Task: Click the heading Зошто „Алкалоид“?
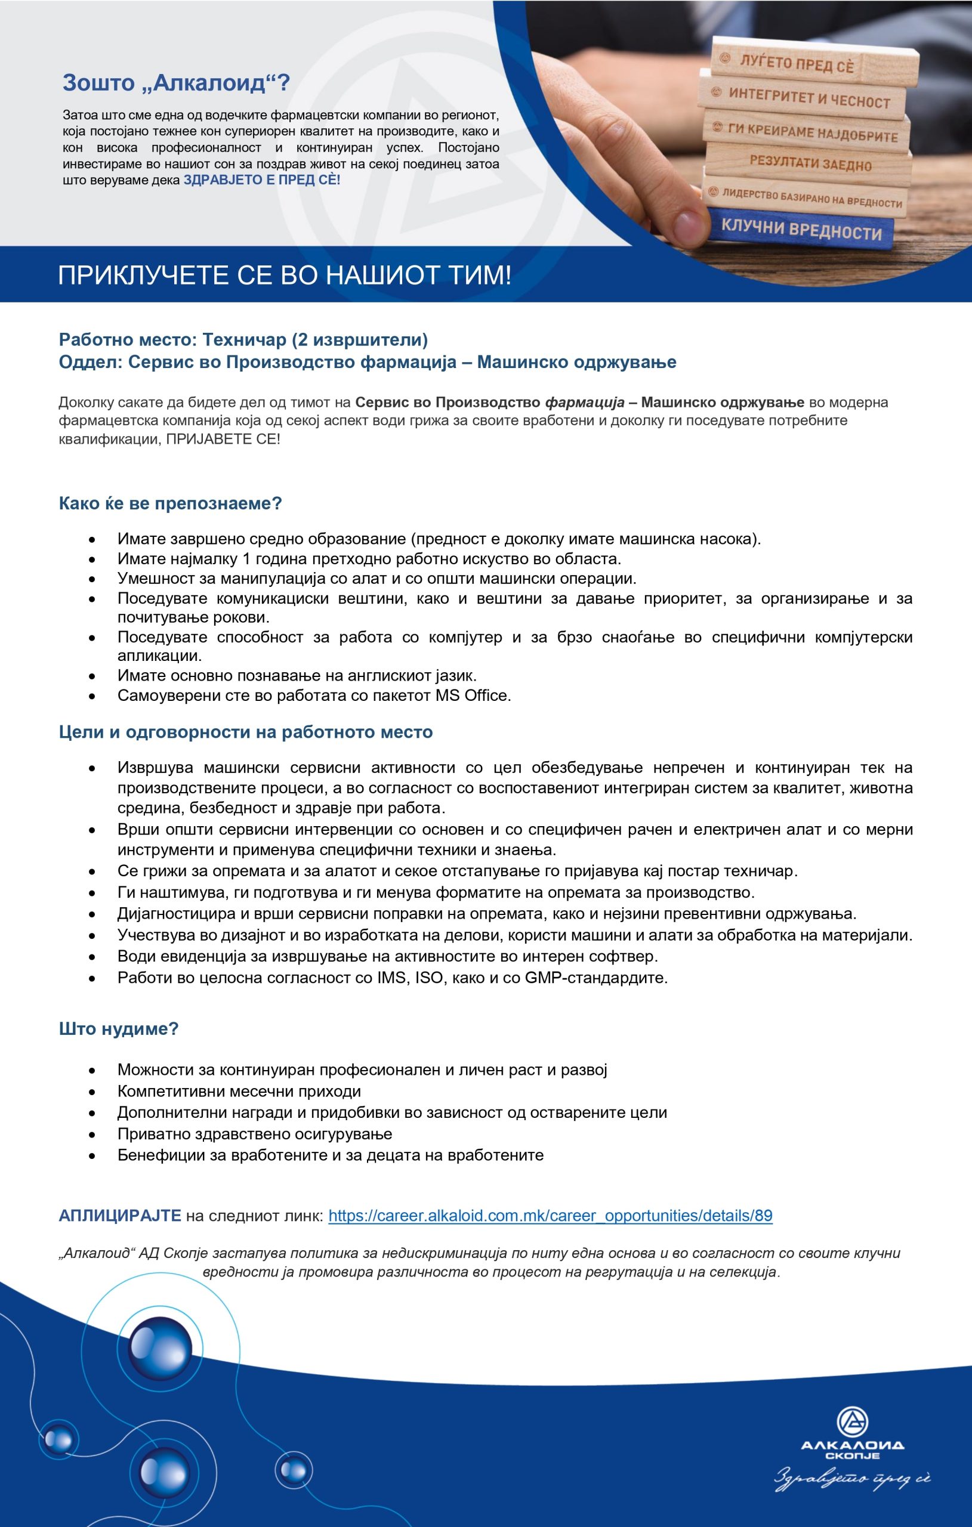pos(176,83)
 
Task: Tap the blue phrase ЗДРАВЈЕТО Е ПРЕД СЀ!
pos(261,180)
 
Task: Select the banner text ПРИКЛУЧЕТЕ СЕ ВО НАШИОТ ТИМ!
pos(284,276)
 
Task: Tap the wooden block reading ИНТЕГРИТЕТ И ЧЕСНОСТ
pos(809,98)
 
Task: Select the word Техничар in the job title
pos(244,340)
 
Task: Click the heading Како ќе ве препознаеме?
pos(170,503)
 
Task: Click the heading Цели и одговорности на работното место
pos(246,732)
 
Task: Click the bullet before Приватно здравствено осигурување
pos(92,1135)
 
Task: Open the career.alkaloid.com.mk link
pos(550,1216)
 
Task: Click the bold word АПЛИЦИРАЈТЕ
pos(120,1216)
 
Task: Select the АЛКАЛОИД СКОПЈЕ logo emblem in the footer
pos(852,1423)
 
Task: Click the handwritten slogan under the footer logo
pos(851,1479)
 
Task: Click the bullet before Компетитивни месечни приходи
pos(92,1092)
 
